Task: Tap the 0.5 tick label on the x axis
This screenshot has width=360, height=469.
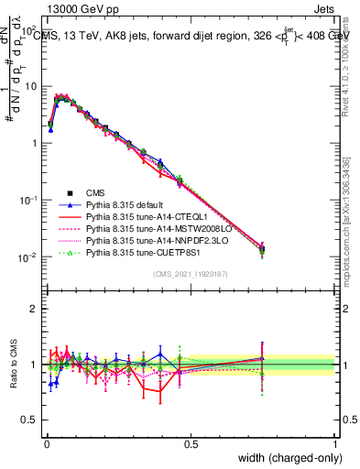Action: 191,443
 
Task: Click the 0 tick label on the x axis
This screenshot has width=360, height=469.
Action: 46,443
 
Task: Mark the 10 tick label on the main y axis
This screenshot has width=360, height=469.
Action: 31,86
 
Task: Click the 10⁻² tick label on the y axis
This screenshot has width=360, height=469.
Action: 28,257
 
